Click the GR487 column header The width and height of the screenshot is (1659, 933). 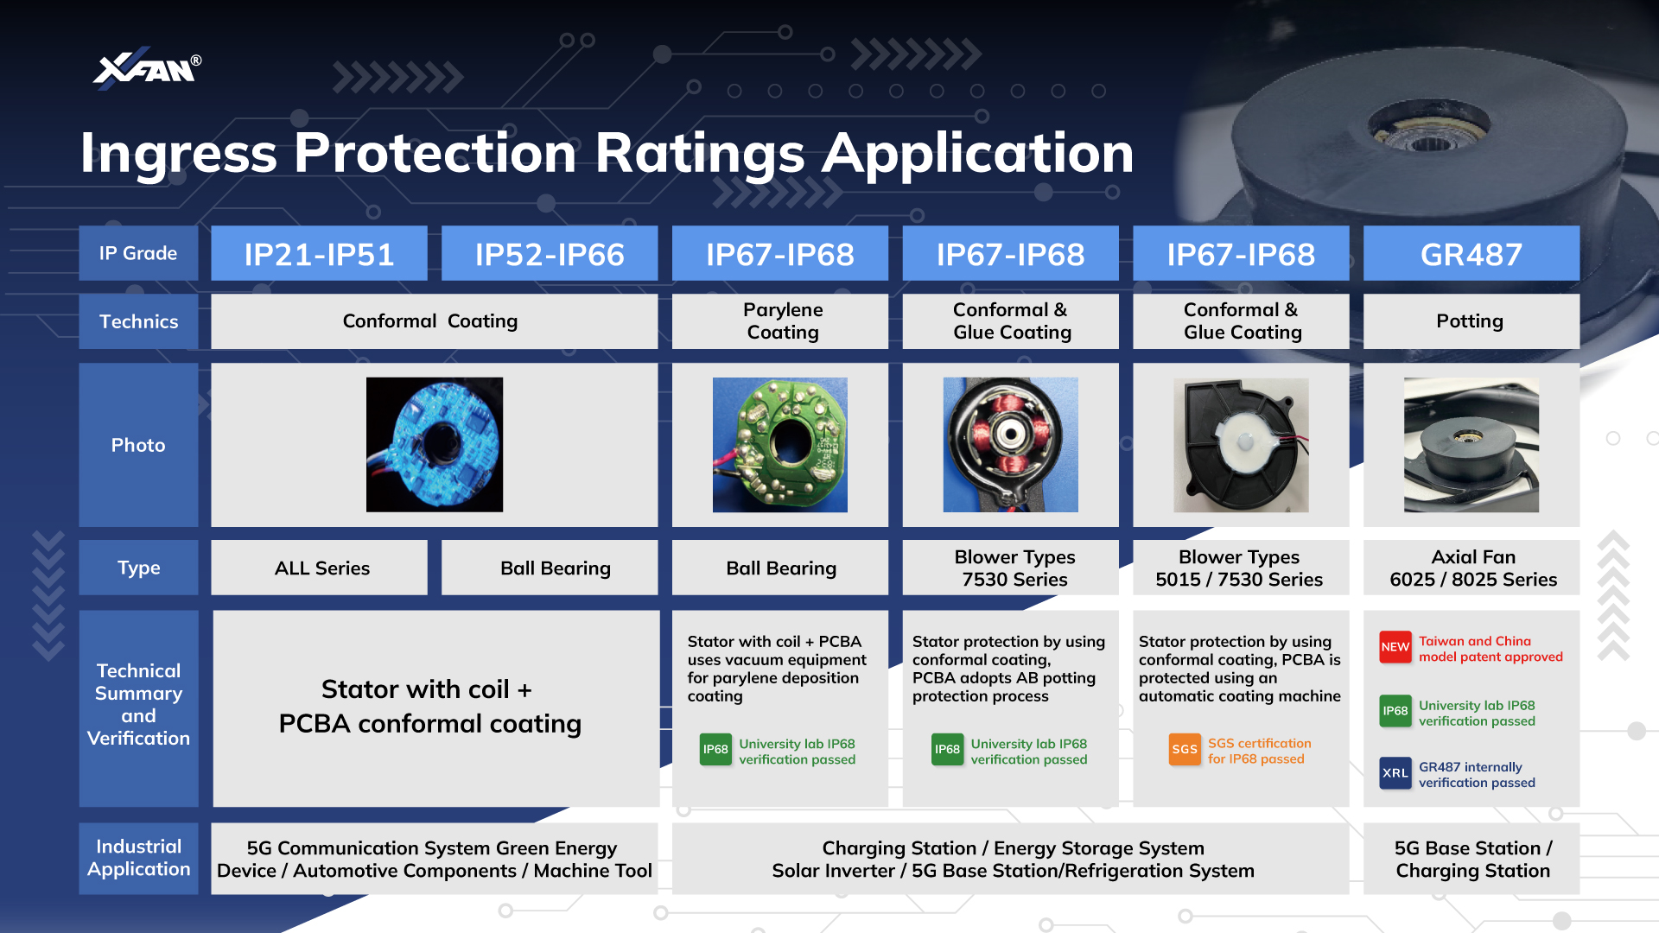point(1471,254)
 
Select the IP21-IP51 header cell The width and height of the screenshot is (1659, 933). point(319,254)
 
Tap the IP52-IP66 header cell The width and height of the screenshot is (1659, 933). point(550,254)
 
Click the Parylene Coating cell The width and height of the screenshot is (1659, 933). point(780,321)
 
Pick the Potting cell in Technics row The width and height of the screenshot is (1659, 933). point(1471,321)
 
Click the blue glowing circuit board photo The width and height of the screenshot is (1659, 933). point(435,445)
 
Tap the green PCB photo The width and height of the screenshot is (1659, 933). point(780,445)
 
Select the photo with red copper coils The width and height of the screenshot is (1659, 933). point(1010,445)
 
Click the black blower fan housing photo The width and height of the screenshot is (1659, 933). point(1241,445)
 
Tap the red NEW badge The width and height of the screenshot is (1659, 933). point(1395,647)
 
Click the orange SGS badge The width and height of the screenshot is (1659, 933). point(1185,749)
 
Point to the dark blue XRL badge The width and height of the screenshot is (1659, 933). point(1395,773)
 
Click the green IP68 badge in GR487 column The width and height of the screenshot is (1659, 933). point(1395,711)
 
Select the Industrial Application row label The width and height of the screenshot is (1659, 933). point(138,858)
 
